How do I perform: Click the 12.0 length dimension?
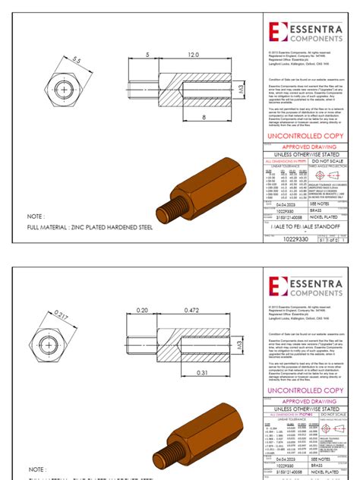(193, 55)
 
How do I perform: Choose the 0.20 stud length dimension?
(141, 310)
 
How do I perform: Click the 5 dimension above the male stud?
(146, 55)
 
